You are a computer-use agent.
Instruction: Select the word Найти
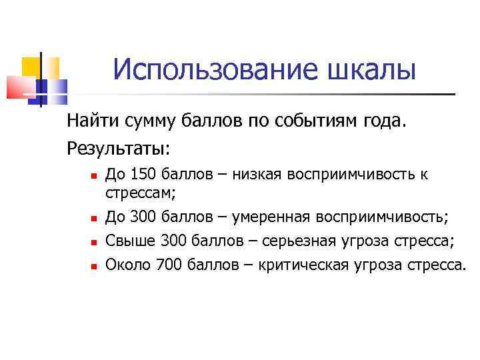(90, 121)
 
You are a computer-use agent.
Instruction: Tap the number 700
(168, 265)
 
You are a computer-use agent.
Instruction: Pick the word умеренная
(277, 217)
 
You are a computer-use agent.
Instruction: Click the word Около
(128, 265)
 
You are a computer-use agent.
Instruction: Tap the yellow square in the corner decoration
(31, 67)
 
